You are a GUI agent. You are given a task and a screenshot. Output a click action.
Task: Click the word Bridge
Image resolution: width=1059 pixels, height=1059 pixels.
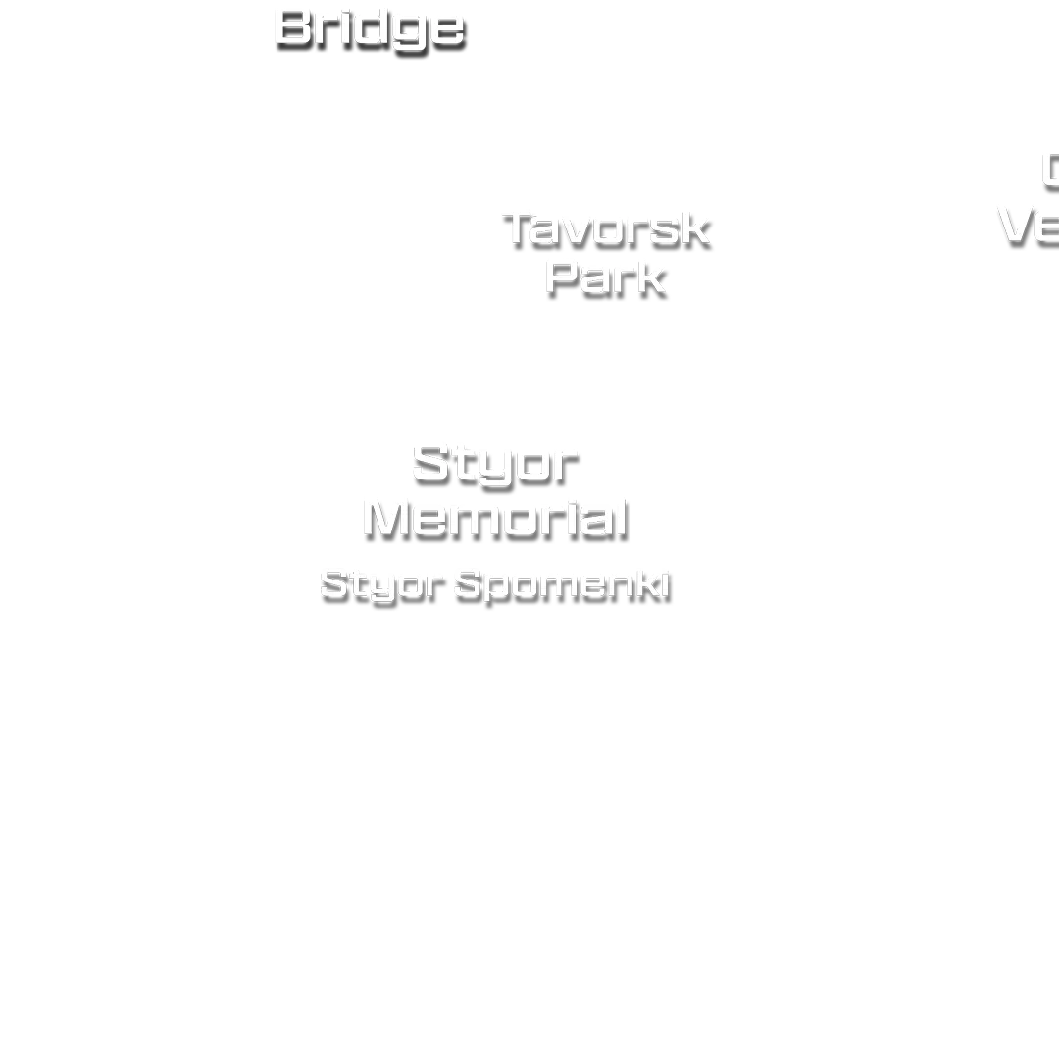[x=369, y=27]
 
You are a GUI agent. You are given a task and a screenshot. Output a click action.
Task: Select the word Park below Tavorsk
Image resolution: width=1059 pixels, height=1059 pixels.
[x=605, y=276]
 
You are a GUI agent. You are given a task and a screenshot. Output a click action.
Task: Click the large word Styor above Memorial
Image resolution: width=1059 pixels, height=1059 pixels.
[x=495, y=462]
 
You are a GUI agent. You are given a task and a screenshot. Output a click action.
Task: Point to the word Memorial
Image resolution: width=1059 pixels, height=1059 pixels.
[x=495, y=517]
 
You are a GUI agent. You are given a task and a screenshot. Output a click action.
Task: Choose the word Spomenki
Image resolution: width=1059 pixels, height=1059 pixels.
[x=564, y=585]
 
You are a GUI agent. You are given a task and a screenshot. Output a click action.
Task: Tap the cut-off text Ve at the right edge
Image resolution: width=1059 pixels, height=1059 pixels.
[x=1028, y=225]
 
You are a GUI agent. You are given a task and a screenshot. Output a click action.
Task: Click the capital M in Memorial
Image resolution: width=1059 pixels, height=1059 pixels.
[x=392, y=517]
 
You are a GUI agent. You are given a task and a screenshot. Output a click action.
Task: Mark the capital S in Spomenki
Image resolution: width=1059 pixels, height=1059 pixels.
[x=468, y=585]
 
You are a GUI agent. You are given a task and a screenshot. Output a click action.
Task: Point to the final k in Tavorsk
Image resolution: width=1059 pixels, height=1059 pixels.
[x=693, y=228]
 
